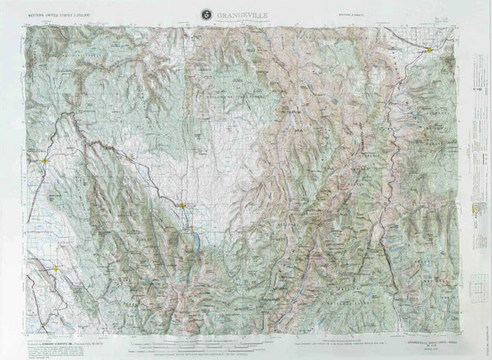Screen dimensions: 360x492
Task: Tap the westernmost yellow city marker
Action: [43, 162]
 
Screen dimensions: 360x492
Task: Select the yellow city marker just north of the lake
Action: [183, 205]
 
